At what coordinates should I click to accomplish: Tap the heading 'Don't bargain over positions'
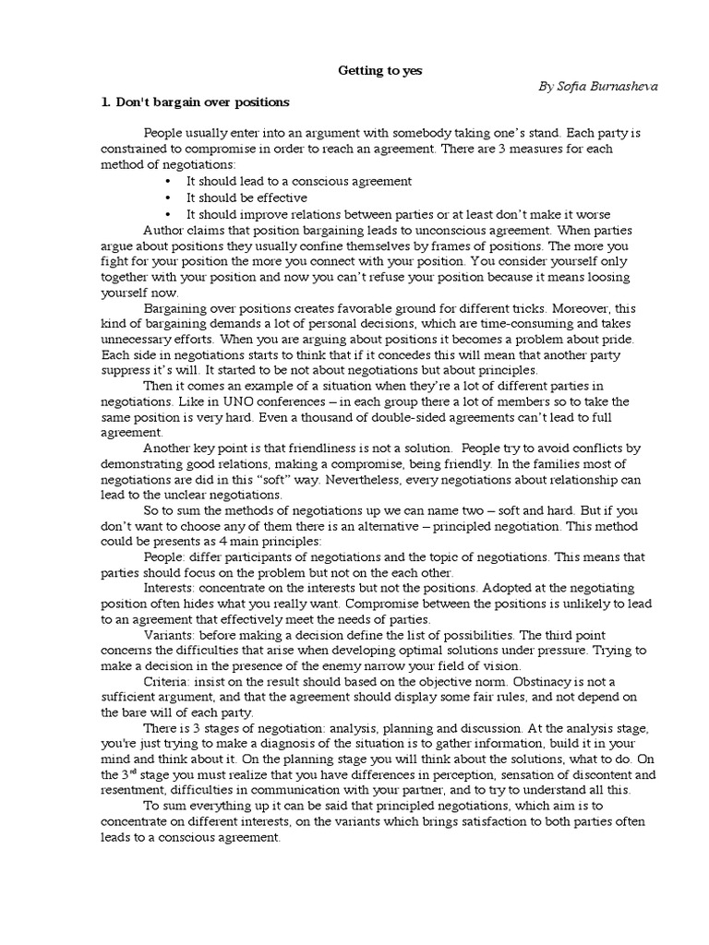click(202, 102)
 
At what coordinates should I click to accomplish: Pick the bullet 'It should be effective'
click(246, 197)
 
